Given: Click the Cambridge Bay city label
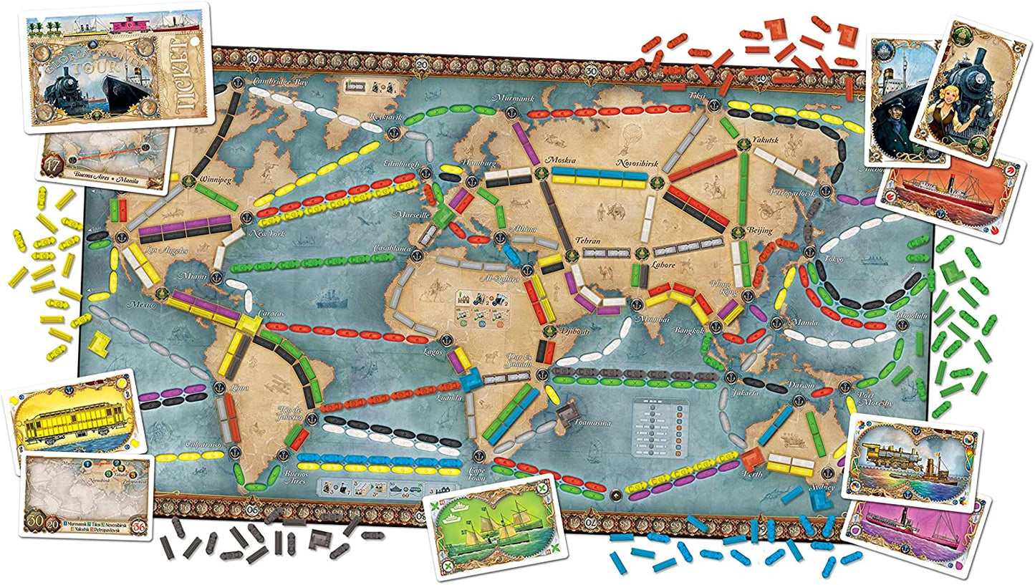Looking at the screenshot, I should coord(281,82).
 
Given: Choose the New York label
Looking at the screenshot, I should coord(263,233).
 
